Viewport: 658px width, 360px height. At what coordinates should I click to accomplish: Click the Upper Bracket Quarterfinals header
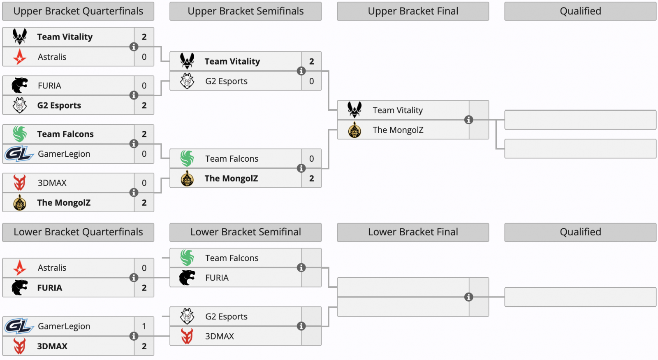[78, 11]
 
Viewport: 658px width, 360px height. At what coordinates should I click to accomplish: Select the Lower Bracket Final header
[413, 232]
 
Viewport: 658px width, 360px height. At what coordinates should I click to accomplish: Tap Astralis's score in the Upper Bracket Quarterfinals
[144, 57]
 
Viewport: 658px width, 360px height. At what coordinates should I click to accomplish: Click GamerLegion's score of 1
[144, 326]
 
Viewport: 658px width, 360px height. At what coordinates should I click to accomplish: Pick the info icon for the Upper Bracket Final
[468, 120]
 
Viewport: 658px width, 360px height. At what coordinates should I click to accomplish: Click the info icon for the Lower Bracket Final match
[468, 297]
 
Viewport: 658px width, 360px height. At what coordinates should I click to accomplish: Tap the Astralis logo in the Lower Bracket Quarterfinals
[20, 268]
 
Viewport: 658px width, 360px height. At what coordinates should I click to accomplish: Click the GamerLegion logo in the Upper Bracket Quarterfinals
[19, 154]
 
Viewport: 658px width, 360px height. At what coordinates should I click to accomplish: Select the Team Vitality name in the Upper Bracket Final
[398, 110]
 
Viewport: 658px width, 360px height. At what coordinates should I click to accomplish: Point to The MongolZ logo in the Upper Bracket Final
[354, 130]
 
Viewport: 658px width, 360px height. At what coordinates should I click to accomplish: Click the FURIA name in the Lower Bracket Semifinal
[217, 278]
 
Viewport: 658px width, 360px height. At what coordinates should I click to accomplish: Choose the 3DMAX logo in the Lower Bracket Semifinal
[187, 336]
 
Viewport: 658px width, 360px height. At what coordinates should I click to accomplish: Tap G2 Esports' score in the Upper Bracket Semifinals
[311, 81]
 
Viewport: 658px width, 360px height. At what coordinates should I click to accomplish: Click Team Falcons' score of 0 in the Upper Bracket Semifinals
[311, 159]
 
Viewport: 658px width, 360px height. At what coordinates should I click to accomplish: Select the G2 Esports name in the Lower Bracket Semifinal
[226, 316]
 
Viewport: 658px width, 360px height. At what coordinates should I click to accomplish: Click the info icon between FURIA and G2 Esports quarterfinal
[134, 95]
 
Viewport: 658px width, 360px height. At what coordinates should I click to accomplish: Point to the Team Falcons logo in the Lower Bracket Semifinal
[187, 258]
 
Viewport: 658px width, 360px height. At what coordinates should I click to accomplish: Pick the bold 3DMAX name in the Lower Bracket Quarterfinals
[52, 346]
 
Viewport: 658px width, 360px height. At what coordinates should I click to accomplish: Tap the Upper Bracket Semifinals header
[246, 11]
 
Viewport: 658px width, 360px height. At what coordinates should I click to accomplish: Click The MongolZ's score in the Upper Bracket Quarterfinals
[144, 203]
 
